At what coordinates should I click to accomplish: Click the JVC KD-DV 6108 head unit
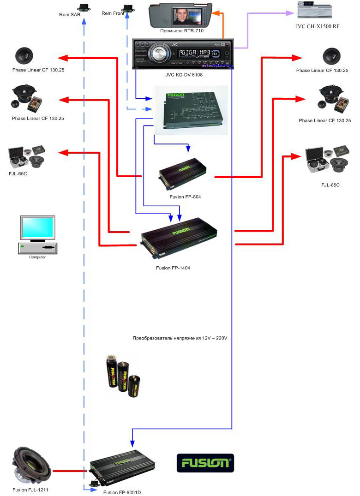click(x=182, y=54)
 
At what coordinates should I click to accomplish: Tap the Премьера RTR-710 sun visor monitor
click(x=183, y=15)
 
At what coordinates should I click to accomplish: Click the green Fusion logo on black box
click(x=205, y=463)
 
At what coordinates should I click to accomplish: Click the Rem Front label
click(x=112, y=14)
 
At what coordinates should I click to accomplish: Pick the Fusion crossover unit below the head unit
click(x=190, y=110)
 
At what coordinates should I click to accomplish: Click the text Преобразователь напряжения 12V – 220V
click(x=180, y=338)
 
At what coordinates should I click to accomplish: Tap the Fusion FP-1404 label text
click(x=173, y=268)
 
